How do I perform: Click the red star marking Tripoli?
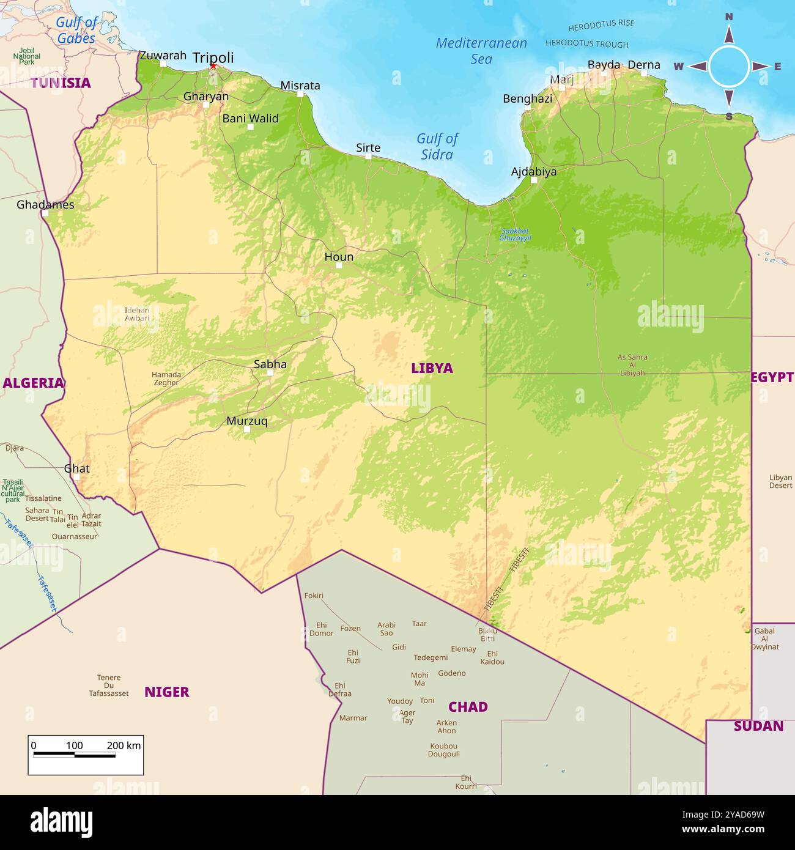tap(213, 66)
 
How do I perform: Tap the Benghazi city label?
tap(527, 98)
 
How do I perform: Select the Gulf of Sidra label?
tap(437, 147)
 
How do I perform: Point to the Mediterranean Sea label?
tap(481, 51)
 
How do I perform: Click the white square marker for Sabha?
tap(270, 372)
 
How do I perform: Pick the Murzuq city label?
tap(246, 421)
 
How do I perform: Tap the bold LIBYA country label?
tap(432, 368)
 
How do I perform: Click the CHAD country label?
tap(468, 707)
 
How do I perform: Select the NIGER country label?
tap(166, 692)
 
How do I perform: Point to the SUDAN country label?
tap(758, 726)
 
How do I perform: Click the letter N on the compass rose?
tap(729, 17)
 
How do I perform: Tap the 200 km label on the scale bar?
tap(124, 745)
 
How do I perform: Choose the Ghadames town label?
tap(45, 205)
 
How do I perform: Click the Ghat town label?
tap(76, 468)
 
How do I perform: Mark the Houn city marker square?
tap(339, 265)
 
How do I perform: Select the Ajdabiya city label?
tap(534, 171)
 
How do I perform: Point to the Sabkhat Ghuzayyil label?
tap(515, 234)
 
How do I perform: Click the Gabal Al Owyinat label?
tap(764, 639)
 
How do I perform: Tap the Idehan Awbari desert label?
tap(136, 314)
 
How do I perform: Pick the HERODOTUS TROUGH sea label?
tap(586, 44)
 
